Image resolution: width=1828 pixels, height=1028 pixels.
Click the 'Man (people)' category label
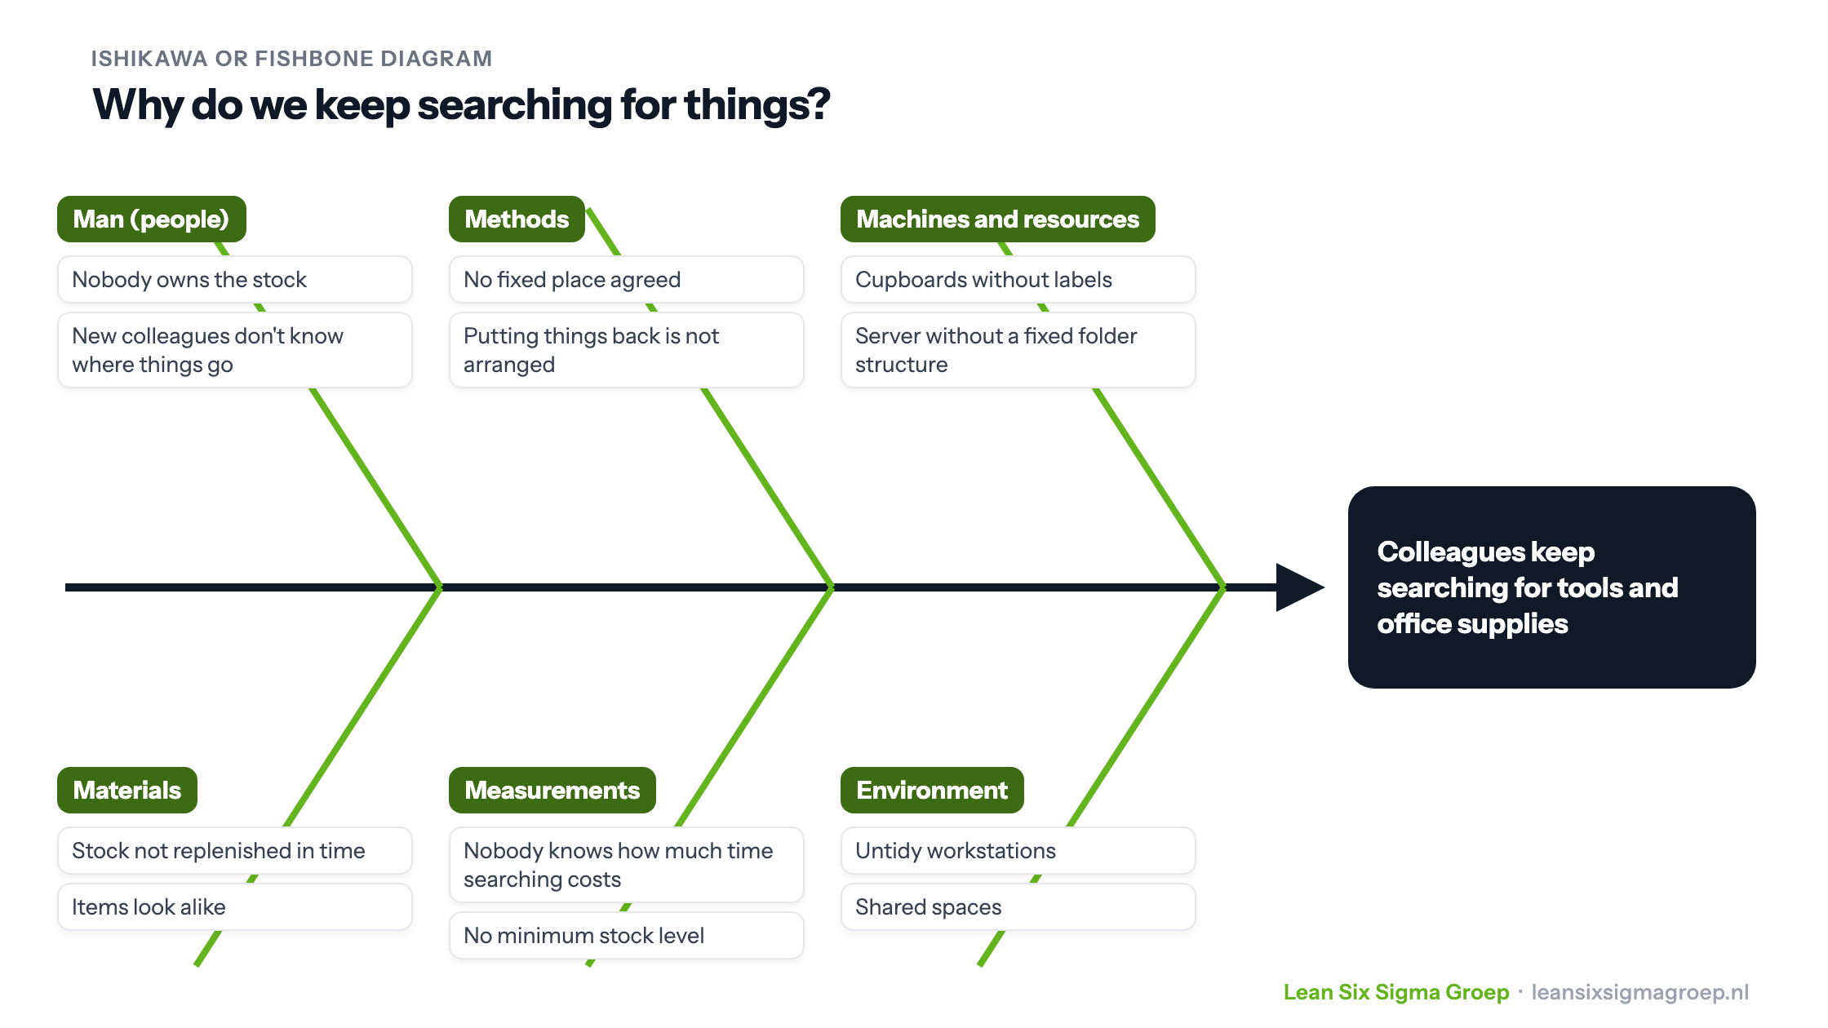coord(152,219)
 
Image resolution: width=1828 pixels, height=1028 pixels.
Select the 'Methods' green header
coord(517,219)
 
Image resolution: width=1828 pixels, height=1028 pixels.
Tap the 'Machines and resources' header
coord(997,219)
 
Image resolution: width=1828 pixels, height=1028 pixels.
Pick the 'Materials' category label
coord(127,790)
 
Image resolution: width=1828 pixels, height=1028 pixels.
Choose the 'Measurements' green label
coord(552,790)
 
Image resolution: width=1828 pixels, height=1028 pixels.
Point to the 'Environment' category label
coord(932,790)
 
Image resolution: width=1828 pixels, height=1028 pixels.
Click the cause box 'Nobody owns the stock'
coord(235,280)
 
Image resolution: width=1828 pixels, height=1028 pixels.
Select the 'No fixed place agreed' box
coord(627,280)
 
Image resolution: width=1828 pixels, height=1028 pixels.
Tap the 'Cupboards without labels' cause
coord(1018,280)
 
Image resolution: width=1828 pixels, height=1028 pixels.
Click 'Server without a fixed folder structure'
coord(1018,350)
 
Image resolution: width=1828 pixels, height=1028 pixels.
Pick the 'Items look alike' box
coord(235,907)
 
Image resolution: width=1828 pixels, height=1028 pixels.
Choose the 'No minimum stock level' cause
coord(627,936)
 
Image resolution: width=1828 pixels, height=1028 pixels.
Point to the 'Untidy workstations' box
coord(1018,851)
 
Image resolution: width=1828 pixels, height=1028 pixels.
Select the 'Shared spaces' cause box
coord(1018,907)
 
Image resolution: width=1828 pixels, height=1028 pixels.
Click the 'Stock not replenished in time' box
coord(235,851)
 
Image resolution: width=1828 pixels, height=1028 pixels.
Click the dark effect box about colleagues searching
coord(1552,587)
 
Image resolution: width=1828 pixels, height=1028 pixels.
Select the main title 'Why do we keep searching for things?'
coord(461,106)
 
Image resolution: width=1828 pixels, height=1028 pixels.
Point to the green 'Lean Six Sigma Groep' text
coord(1396,992)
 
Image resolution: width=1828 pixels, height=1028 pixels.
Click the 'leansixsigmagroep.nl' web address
coord(1640,993)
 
